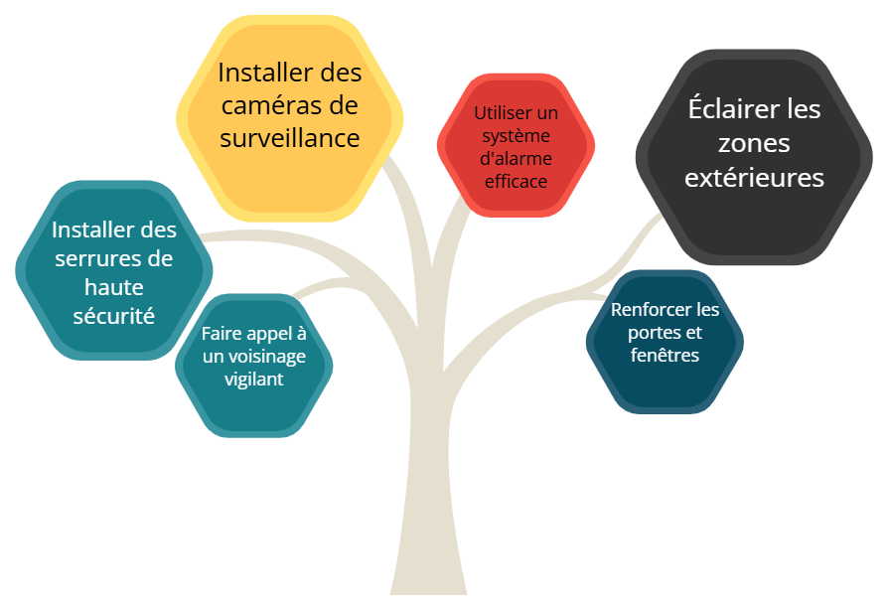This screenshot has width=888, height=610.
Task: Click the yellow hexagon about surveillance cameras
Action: point(289,118)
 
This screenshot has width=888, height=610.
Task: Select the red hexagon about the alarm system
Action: point(516,146)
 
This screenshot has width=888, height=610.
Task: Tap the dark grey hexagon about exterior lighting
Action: point(754,157)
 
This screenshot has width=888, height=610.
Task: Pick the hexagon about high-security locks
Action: point(114,270)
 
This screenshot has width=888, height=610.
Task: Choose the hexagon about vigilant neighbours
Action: point(253,366)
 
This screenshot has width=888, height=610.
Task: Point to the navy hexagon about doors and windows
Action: point(665,342)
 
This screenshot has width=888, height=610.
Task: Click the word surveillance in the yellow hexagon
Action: point(290,138)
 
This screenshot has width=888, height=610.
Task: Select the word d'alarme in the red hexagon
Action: point(516,159)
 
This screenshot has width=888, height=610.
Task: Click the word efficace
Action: point(516,181)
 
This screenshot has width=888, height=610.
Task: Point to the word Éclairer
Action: point(723,108)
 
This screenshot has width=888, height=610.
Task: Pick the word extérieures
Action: point(754,178)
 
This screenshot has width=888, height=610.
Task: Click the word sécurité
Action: point(114,316)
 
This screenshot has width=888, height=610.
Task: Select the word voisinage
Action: point(266,357)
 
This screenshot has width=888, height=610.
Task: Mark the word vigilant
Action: point(253,380)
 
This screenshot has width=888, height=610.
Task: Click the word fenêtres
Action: point(665,355)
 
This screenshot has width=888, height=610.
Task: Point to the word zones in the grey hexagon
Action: point(754,144)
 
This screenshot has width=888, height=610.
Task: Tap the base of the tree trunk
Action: point(429,592)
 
